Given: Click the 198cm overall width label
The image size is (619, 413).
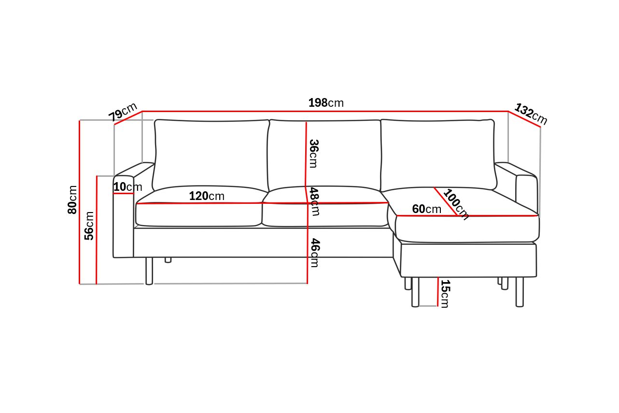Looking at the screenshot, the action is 326,103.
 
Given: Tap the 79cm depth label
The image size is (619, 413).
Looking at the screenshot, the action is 123,112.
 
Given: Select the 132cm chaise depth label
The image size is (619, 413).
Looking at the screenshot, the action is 531,114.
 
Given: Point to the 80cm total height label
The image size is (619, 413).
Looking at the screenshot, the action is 72,199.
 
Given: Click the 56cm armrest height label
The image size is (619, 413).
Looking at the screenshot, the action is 89,226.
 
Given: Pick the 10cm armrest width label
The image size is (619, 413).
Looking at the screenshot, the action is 127,187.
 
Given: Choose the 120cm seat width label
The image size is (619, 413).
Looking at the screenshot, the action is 207,196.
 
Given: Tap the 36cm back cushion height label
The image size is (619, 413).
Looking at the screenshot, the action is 314,154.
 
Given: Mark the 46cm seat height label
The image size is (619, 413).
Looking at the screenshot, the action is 315,253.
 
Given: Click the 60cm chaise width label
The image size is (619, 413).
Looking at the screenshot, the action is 427,209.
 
